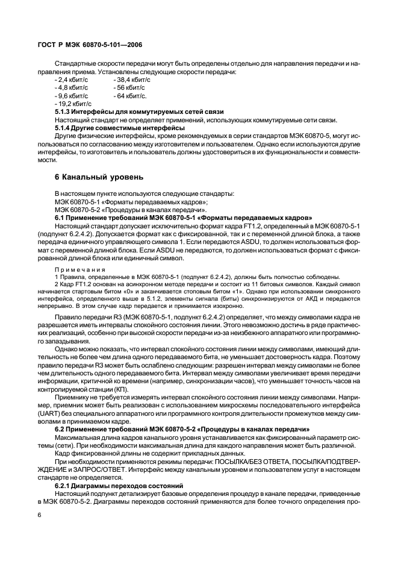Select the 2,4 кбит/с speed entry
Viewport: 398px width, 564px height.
pyautogui.click(x=71, y=80)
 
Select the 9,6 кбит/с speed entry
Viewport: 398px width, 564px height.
pyautogui.click(x=71, y=96)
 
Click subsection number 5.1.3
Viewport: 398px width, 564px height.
pyautogui.click(x=63, y=112)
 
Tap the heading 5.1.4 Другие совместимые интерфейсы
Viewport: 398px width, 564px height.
pyautogui.click(x=120, y=128)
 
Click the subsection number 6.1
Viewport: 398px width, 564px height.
pyautogui.click(x=60, y=217)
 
